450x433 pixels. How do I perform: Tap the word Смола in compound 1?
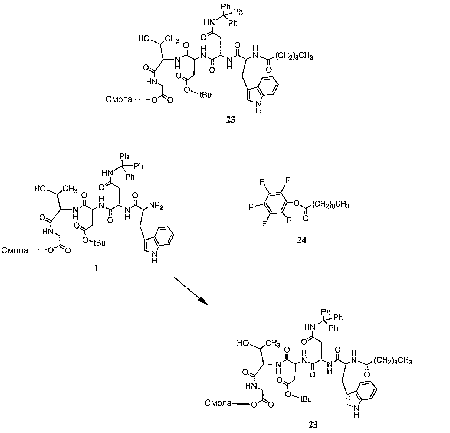(x=15, y=250)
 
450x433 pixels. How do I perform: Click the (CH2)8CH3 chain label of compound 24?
(x=330, y=205)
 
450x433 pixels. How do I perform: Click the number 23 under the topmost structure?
(x=231, y=120)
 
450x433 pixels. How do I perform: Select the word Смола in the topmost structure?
(x=119, y=100)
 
